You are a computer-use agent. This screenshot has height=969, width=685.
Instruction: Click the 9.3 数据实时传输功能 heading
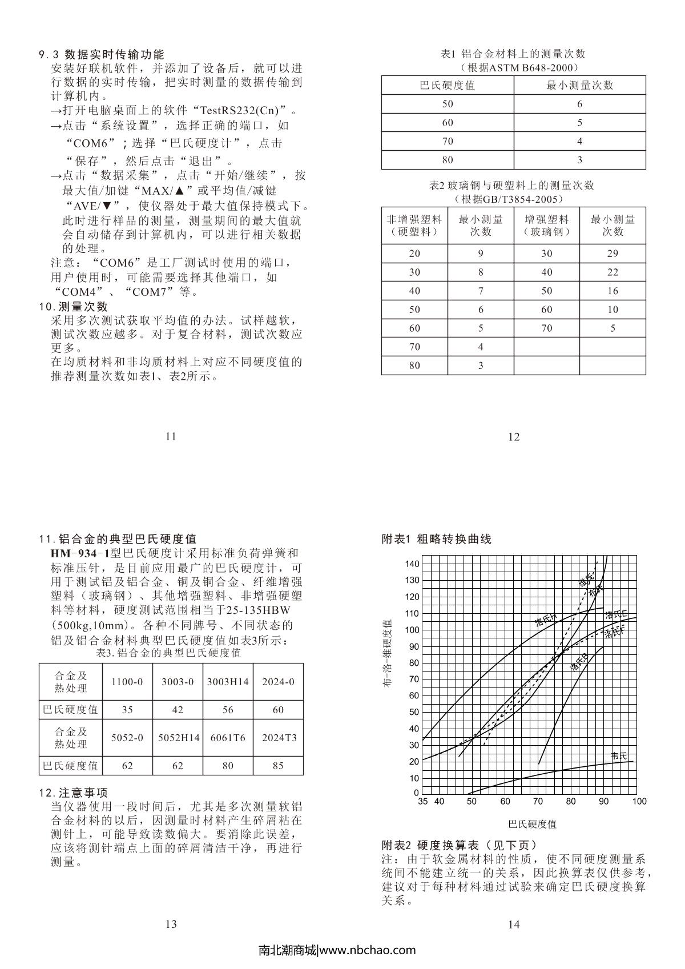pyautogui.click(x=102, y=55)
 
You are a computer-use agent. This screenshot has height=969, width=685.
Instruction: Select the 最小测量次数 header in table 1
pyautogui.click(x=579, y=86)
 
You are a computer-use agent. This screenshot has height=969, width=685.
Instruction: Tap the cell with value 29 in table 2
pyautogui.click(x=613, y=254)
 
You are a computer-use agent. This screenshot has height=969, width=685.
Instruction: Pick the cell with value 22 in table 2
pyautogui.click(x=613, y=272)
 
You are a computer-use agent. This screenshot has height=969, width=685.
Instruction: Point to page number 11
pyautogui.click(x=171, y=437)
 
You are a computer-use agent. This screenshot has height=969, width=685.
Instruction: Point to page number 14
pyautogui.click(x=514, y=924)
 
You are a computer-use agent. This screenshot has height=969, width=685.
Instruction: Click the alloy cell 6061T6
pyautogui.click(x=228, y=738)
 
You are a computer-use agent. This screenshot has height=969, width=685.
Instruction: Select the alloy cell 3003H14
pyautogui.click(x=228, y=682)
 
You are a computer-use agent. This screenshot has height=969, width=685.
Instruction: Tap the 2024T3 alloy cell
pyautogui.click(x=279, y=738)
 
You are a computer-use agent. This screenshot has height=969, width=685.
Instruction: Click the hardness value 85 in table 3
pyautogui.click(x=278, y=766)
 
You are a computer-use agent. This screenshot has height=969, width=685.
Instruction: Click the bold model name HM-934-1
pyautogui.click(x=80, y=553)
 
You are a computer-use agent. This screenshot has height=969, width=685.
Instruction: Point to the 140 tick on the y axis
pyautogui.click(x=412, y=564)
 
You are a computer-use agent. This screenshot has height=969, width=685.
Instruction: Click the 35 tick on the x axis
pyautogui.click(x=422, y=801)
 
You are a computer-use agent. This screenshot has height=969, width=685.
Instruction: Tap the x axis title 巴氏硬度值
pyautogui.click(x=532, y=824)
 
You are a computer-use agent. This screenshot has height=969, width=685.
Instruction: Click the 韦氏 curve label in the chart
pyautogui.click(x=619, y=756)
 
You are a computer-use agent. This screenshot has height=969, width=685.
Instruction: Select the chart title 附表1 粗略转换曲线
pyautogui.click(x=436, y=539)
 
